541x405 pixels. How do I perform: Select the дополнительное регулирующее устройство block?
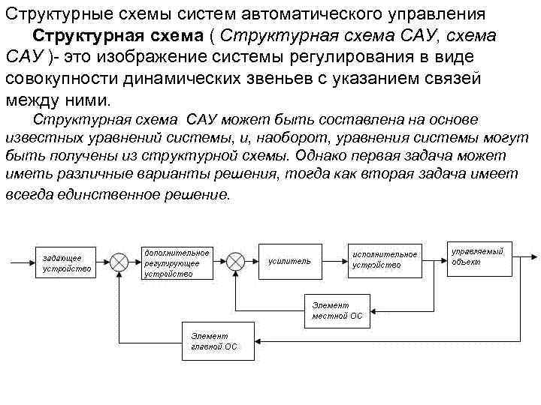(x=177, y=263)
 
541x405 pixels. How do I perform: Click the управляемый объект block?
(x=479, y=257)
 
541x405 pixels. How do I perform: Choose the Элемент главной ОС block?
(x=217, y=341)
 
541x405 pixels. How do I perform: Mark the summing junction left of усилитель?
(x=236, y=262)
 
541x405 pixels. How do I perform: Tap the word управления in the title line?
(x=443, y=14)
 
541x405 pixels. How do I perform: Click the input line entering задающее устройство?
(x=19, y=262)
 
